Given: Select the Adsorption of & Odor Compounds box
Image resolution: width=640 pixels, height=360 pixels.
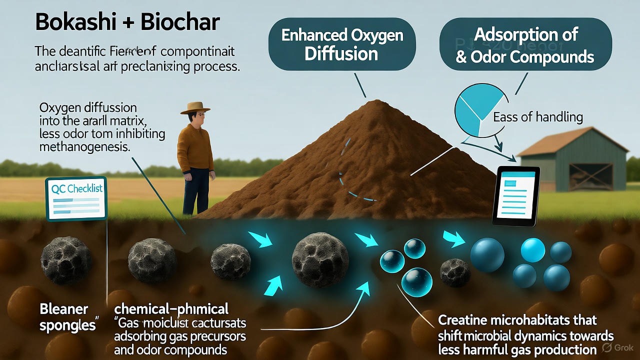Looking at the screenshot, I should (525, 45).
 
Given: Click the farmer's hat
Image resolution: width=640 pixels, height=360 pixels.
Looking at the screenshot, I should (195, 108).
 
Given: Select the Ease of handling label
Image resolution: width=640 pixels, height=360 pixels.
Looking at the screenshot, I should (538, 117).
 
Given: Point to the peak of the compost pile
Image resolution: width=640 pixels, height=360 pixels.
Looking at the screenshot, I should (376, 102).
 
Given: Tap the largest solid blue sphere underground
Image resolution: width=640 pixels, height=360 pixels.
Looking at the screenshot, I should (487, 255).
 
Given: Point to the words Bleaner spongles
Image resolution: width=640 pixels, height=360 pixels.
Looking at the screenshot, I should (64, 317).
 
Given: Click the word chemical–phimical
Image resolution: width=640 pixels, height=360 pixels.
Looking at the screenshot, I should (171, 308).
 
